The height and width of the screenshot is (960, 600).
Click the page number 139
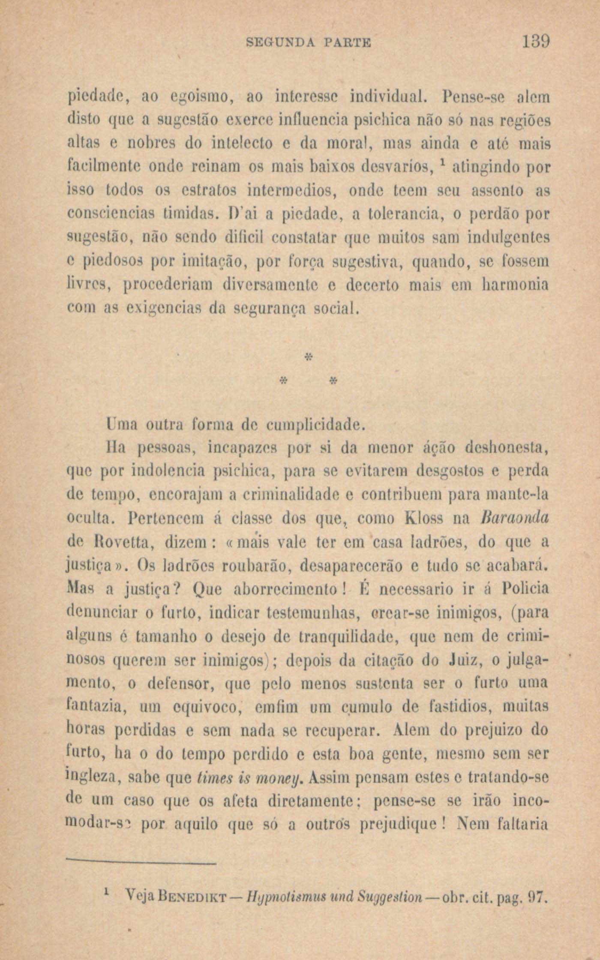[536, 42]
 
